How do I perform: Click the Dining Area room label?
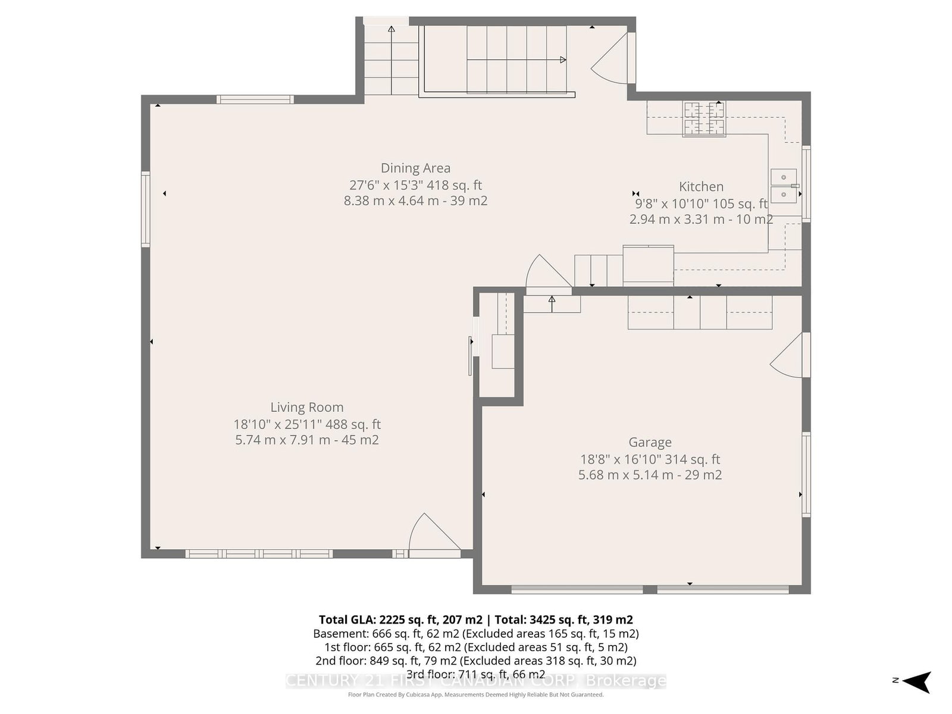(415, 168)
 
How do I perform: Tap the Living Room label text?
(306, 407)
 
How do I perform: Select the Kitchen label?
(701, 187)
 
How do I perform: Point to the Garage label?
(650, 442)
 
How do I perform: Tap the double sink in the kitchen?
(783, 186)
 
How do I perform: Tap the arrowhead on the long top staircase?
(563, 60)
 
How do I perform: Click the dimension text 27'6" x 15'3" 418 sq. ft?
(415, 185)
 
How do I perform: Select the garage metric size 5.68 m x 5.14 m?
(625, 475)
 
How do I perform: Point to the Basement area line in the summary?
(476, 633)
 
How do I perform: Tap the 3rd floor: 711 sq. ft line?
(476, 674)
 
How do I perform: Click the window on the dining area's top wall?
(255, 99)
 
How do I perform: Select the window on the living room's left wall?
(146, 209)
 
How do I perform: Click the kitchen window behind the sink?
(806, 184)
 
